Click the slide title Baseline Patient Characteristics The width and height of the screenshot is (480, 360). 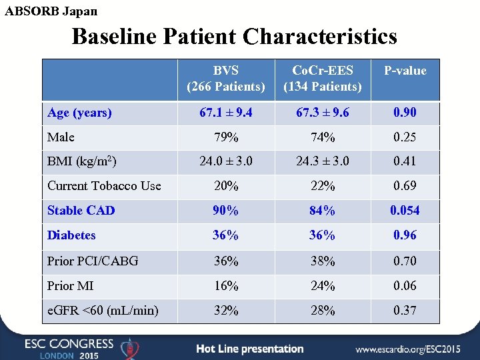[234, 36]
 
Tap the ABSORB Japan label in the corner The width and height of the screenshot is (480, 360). [51, 11]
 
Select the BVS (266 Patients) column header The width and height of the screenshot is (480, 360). [226, 79]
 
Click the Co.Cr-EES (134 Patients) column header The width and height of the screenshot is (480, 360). [323, 79]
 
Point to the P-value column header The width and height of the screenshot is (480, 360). [405, 71]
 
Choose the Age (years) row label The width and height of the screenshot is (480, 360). [79, 113]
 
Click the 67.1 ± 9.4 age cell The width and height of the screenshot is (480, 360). [226, 113]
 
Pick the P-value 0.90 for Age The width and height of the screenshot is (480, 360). [405, 113]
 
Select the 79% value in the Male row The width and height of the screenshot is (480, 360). [226, 137]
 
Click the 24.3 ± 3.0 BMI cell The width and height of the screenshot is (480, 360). [323, 161]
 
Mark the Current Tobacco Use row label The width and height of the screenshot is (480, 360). [104, 186]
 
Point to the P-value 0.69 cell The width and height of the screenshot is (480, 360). [405, 186]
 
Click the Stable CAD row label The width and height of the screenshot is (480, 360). [81, 211]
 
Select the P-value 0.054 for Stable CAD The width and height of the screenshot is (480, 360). [405, 211]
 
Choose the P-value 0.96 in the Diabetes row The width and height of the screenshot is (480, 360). [405, 235]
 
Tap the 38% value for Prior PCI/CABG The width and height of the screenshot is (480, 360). [323, 261]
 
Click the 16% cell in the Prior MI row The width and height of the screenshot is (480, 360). [226, 285]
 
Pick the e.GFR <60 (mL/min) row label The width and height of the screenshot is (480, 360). [103, 310]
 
